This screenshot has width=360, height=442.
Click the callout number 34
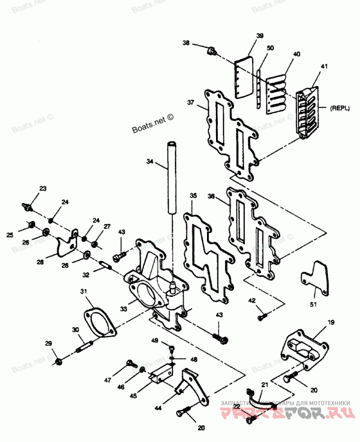click(x=150, y=161)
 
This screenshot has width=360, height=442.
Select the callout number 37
click(x=191, y=103)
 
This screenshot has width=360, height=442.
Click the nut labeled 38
click(x=210, y=51)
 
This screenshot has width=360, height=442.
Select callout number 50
click(x=270, y=48)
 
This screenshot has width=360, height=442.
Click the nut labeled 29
click(x=59, y=361)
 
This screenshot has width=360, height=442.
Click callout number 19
click(x=331, y=322)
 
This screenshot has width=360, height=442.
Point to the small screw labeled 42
click(x=262, y=317)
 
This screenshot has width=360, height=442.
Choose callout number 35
click(x=193, y=196)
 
